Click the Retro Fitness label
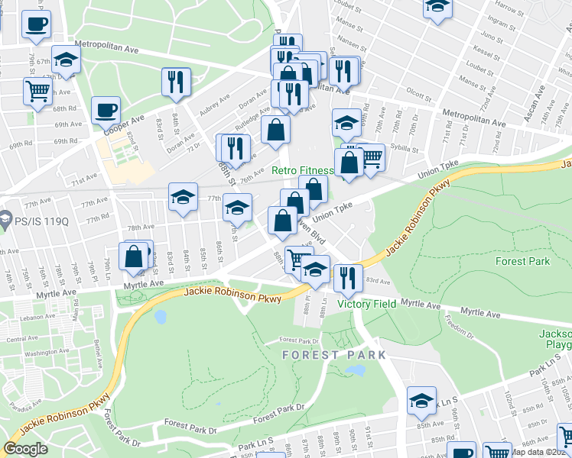click(303, 170)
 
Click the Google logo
click(25, 449)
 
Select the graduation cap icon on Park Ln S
click(421, 400)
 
